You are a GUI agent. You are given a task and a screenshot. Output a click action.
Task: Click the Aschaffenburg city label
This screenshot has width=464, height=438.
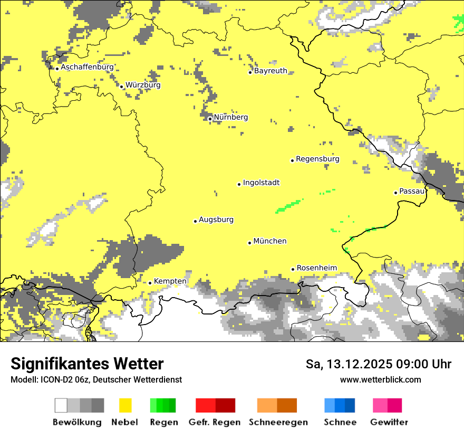click(x=87, y=67)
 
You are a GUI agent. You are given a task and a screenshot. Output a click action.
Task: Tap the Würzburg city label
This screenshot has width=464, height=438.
click(x=143, y=85)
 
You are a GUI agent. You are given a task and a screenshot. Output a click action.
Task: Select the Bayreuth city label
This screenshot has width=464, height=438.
click(x=270, y=71)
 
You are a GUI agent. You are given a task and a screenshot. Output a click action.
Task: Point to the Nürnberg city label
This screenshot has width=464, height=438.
click(x=230, y=117)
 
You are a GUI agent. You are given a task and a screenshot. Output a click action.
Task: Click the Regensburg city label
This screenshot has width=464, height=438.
click(x=317, y=159)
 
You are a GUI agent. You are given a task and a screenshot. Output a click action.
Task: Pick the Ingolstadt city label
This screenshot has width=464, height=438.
click(x=261, y=183)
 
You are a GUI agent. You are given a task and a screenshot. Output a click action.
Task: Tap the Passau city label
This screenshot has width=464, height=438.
click(x=412, y=191)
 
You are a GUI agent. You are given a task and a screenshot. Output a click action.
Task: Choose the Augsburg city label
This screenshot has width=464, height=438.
click(x=216, y=220)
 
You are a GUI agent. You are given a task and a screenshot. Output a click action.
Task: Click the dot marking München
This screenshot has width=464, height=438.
click(x=250, y=243)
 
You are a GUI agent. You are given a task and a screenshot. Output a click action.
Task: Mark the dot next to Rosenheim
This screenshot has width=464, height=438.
click(x=293, y=269)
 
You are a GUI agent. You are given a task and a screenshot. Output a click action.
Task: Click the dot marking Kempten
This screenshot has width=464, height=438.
click(x=150, y=283)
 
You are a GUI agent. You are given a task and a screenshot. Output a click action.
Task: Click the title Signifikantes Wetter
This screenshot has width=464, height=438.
click(x=87, y=364)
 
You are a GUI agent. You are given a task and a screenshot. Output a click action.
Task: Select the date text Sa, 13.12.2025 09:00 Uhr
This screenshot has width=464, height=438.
click(x=379, y=364)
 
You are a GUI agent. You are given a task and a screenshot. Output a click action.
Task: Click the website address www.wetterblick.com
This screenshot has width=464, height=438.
click(x=380, y=379)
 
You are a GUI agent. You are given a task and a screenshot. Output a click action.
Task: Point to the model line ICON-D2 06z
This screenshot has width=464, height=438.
click(x=96, y=379)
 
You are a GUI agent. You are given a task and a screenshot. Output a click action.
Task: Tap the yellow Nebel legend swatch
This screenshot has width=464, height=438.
click(x=125, y=405)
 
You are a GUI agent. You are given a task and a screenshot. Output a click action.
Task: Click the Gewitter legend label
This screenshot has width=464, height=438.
click(x=389, y=422)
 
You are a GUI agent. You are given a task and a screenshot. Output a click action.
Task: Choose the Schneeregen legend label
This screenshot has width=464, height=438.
click(x=278, y=422)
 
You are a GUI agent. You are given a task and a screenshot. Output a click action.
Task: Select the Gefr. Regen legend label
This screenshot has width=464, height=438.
click(x=215, y=422)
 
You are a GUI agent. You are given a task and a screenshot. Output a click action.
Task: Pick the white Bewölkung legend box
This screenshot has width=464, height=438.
click(x=61, y=405)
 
